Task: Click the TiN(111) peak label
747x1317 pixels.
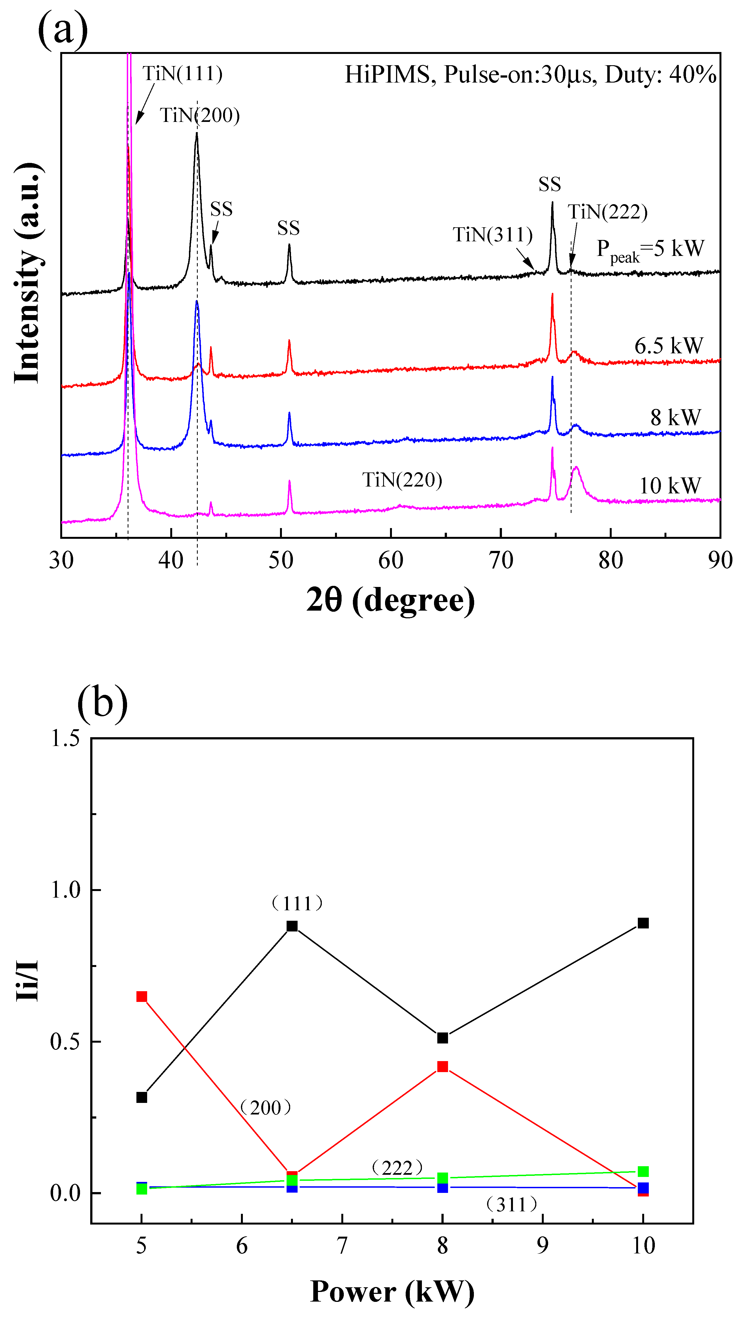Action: click(182, 73)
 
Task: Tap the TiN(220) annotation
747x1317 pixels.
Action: click(402, 480)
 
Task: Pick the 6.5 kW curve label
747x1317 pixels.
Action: click(669, 346)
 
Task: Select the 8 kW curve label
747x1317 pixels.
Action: click(675, 417)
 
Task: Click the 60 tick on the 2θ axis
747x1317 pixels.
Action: click(391, 561)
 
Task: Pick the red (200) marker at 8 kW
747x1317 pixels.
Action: click(442, 1067)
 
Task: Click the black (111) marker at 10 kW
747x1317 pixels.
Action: click(643, 923)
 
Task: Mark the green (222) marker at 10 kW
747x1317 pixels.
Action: click(643, 1172)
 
